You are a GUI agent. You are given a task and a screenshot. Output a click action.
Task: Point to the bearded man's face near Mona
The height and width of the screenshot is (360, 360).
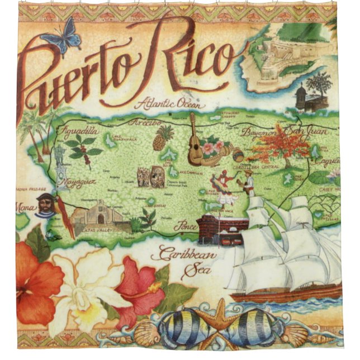45,204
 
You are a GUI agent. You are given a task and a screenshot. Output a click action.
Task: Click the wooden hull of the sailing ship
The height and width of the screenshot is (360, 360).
285,293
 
